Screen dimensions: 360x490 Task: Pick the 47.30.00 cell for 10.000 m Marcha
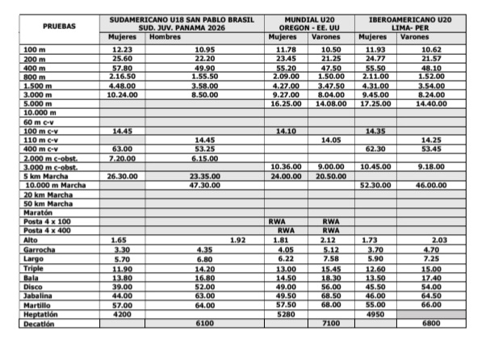[x=204, y=184]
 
